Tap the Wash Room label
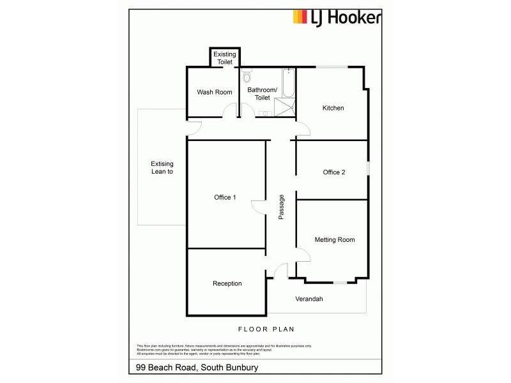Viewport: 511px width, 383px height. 214,93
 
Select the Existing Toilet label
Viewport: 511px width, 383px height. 224,58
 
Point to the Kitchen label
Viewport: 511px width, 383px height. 333,108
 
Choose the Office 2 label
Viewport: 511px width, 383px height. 334,172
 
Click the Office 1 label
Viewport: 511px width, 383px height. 225,197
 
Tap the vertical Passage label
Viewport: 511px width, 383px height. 281,207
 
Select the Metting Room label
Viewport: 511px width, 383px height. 334,240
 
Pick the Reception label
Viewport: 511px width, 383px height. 227,283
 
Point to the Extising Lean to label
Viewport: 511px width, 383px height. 162,168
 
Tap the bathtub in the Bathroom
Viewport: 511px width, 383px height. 289,82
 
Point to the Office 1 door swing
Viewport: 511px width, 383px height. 258,208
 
